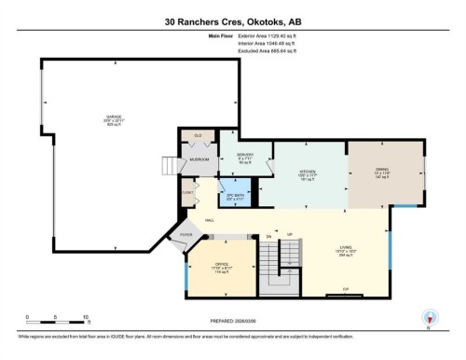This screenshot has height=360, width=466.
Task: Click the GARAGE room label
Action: pyautogui.click(x=114, y=118)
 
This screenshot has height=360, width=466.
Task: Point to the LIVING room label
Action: pyautogui.click(x=345, y=247)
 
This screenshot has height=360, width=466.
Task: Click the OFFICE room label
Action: pyautogui.click(x=222, y=263)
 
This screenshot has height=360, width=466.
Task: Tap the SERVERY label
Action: pyautogui.click(x=245, y=154)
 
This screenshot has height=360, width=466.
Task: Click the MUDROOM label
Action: pyautogui.click(x=199, y=159)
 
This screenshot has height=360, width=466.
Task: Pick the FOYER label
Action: pyautogui.click(x=185, y=234)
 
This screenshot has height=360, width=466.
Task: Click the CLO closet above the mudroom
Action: pyautogui.click(x=198, y=136)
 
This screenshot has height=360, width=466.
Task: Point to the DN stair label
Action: pyautogui.click(x=268, y=234)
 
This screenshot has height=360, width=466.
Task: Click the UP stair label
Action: pyautogui.click(x=290, y=234)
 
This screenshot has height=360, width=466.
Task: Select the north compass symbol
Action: pyautogui.click(x=429, y=318)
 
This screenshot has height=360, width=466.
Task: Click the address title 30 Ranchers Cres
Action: pyautogui.click(x=233, y=21)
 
